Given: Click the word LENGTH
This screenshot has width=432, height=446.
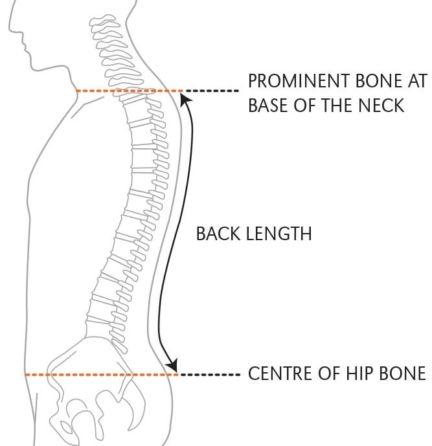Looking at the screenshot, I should coord(280,233).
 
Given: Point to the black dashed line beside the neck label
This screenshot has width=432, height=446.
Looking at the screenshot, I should coord(211,91).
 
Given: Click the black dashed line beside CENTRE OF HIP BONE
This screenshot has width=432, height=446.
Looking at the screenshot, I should coord(210,374).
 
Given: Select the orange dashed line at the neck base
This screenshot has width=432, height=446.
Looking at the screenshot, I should coord(123,91).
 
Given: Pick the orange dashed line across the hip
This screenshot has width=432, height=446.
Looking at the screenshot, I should coord(97,374).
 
